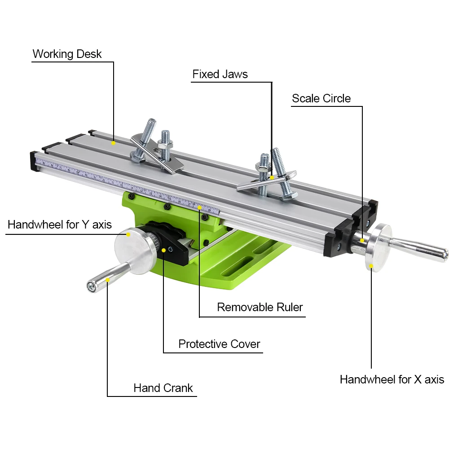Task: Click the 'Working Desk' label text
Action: tap(67, 54)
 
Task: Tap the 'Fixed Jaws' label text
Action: tap(220, 74)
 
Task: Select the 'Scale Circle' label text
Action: tap(321, 98)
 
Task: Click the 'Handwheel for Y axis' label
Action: tap(60, 224)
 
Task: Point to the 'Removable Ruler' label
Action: tap(260, 307)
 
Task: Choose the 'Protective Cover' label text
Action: tap(219, 344)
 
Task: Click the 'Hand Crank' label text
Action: tap(163, 388)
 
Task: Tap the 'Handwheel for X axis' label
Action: tap(392, 379)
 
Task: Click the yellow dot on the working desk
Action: tap(114, 143)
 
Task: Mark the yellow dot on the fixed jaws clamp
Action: tap(272, 178)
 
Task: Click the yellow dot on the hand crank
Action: tap(108, 280)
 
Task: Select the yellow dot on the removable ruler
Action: tap(199, 207)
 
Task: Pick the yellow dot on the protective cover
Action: tap(164, 250)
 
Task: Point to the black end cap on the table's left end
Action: tap(33, 161)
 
